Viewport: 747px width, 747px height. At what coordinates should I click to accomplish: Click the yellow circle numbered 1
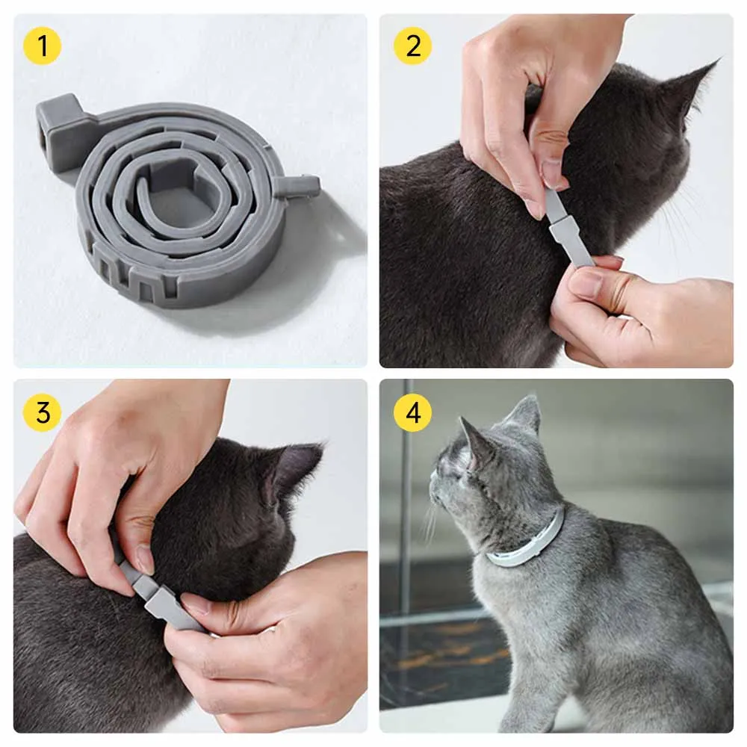pyautogui.click(x=42, y=46)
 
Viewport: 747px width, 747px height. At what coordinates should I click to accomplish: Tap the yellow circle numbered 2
pyautogui.click(x=412, y=46)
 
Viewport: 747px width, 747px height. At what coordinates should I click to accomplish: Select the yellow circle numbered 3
pyautogui.click(x=42, y=412)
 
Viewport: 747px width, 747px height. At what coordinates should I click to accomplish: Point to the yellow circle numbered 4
pyautogui.click(x=412, y=412)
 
